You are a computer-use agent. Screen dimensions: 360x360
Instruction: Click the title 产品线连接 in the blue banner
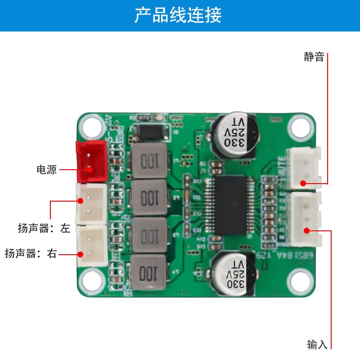coord(178,16)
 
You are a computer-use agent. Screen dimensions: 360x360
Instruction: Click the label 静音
coord(314,57)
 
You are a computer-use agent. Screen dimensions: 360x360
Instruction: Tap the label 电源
coord(46,170)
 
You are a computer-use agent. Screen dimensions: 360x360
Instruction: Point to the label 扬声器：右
coord(31,253)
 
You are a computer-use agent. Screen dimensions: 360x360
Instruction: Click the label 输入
coord(317,345)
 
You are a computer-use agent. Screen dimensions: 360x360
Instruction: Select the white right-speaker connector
coord(91,245)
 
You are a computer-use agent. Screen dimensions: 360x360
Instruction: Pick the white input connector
coord(306,219)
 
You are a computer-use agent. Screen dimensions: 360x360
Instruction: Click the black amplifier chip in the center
coord(230,205)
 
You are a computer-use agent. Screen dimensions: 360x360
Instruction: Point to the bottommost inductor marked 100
coord(148,272)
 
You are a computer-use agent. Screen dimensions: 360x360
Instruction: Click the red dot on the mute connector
coord(303,183)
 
